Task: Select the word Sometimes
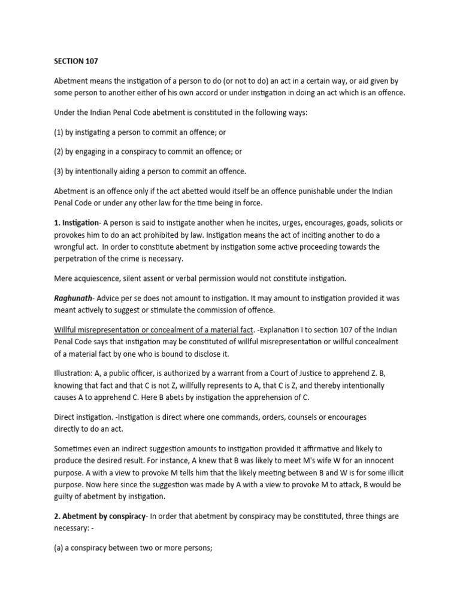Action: point(75,448)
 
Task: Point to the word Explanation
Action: point(282,330)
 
